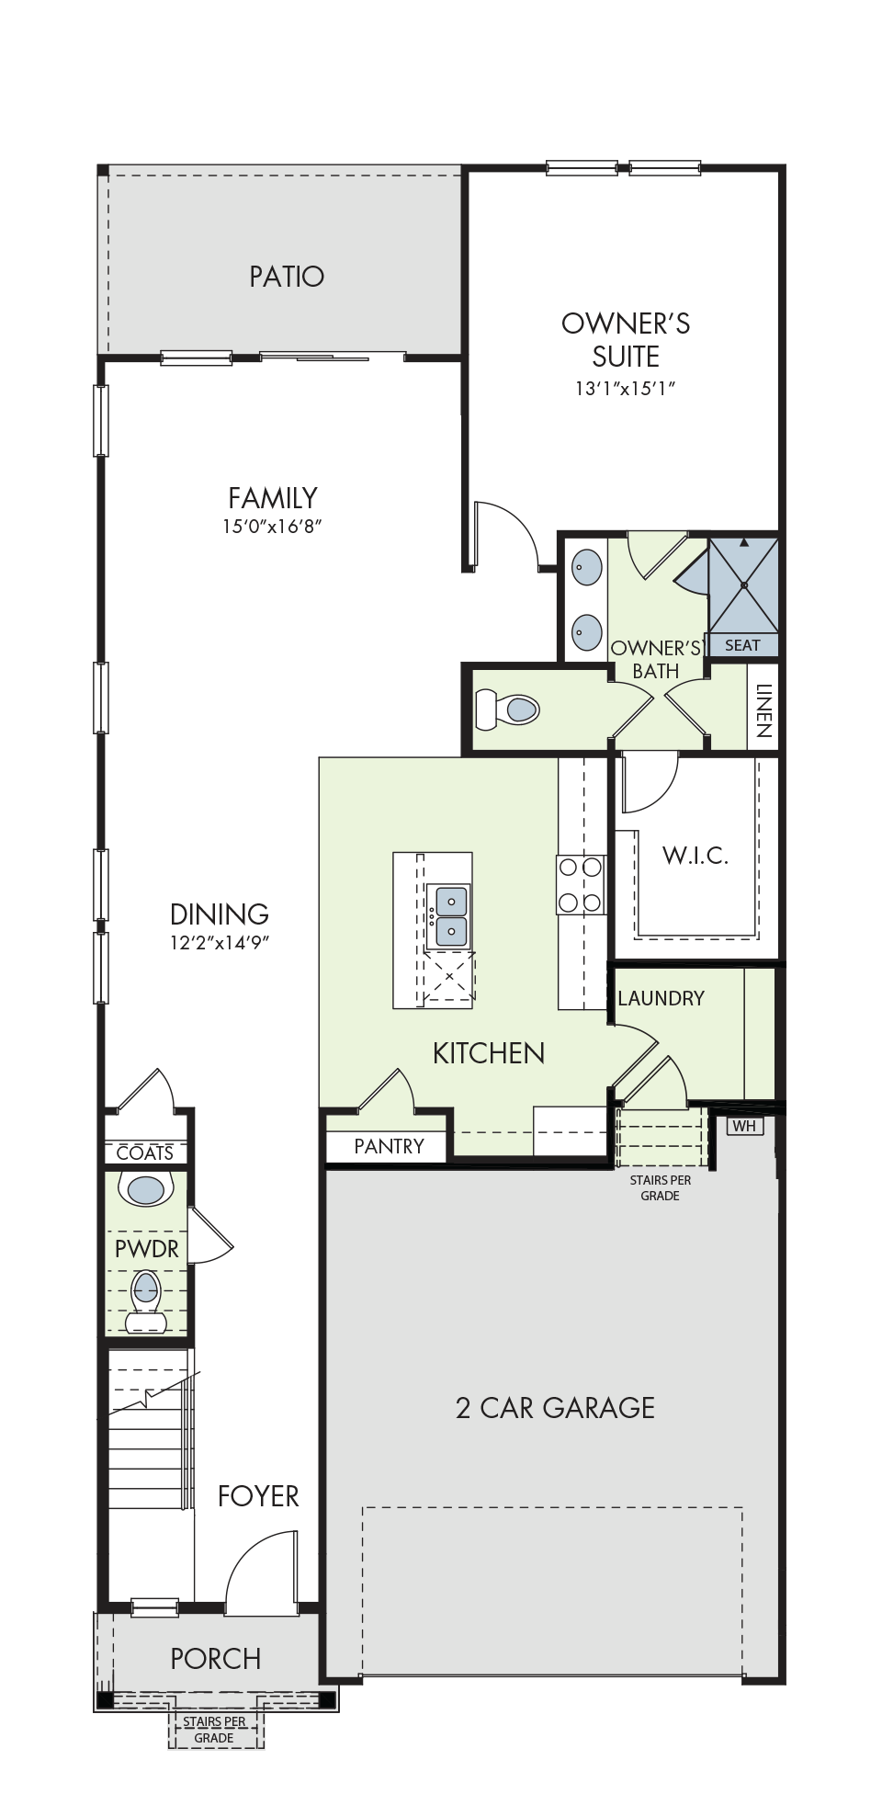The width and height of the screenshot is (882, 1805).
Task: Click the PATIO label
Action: (x=287, y=277)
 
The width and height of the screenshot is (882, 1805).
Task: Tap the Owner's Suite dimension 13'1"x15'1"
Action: (x=626, y=389)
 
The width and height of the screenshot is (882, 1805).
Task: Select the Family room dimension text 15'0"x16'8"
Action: (x=273, y=528)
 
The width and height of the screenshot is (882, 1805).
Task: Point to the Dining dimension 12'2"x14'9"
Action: (x=220, y=943)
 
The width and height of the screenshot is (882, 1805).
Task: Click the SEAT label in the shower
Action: (x=742, y=645)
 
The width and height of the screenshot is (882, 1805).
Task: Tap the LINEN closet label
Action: (x=763, y=711)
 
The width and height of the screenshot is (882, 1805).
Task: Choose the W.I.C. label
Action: (x=695, y=856)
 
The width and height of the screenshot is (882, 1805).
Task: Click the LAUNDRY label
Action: (x=661, y=998)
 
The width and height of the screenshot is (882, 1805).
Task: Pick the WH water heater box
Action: (x=744, y=1126)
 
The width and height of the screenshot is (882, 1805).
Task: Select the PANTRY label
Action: (x=390, y=1146)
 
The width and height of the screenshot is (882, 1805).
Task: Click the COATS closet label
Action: (x=145, y=1152)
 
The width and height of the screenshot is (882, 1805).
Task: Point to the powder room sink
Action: (x=146, y=1190)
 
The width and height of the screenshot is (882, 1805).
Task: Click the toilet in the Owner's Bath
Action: (x=507, y=709)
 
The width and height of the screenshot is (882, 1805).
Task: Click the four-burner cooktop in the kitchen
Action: (x=581, y=884)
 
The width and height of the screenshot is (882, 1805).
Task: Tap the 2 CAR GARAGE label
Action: (x=556, y=1408)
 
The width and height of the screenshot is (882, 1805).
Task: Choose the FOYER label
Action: (x=258, y=1496)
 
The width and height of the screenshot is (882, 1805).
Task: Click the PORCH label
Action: (x=216, y=1659)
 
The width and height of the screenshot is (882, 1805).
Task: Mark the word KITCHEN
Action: (x=489, y=1053)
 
